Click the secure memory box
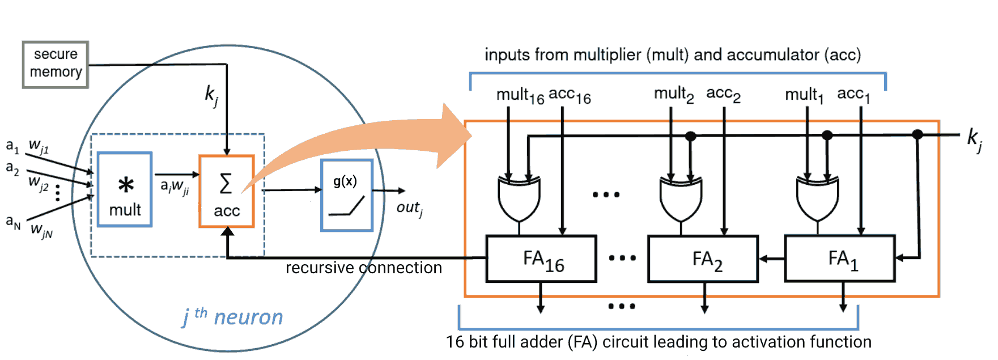pyautogui.click(x=56, y=64)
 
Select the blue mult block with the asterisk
pyautogui.click(x=125, y=189)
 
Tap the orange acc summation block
pyautogui.click(x=226, y=192)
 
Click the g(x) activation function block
pyautogui.click(x=346, y=195)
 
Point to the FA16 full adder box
pyautogui.click(x=541, y=259)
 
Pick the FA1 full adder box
pyautogui.click(x=840, y=259)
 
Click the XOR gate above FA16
pyautogui.click(x=519, y=198)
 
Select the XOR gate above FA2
pyautogui.click(x=681, y=198)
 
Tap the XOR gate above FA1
pyautogui.click(x=817, y=198)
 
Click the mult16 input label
pyautogui.click(x=520, y=96)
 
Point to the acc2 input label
pyautogui.click(x=723, y=95)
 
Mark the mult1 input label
pyautogui.click(x=804, y=95)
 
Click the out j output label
pyautogui.click(x=409, y=209)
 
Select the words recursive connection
pyautogui.click(x=363, y=268)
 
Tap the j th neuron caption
pyautogui.click(x=232, y=317)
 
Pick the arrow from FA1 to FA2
pyautogui.click(x=771, y=259)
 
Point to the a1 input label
pyautogui.click(x=12, y=146)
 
